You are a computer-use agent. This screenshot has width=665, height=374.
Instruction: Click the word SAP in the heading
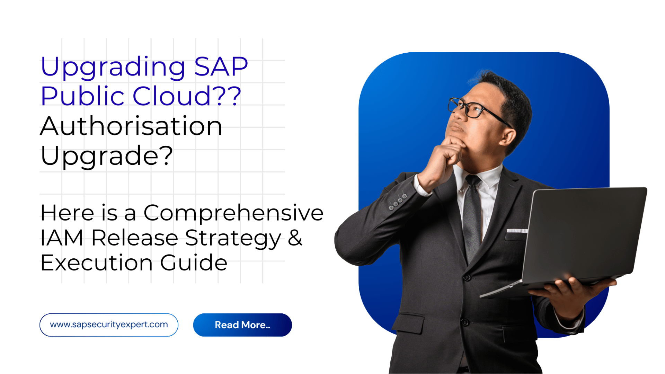click(x=221, y=66)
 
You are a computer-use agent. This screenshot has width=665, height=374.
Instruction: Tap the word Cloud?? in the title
click(x=187, y=96)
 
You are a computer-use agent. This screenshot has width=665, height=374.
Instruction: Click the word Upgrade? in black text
click(x=106, y=156)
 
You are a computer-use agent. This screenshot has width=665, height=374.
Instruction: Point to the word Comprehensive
click(x=233, y=213)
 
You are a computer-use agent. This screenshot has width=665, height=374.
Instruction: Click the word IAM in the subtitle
click(x=62, y=238)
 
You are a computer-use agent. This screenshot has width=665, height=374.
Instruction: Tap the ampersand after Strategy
click(x=295, y=238)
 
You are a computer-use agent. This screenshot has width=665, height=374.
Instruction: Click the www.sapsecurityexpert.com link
click(x=109, y=325)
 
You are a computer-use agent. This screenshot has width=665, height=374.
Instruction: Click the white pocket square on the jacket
click(x=517, y=231)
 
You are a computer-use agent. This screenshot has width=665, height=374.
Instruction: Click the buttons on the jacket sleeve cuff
click(x=398, y=202)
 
